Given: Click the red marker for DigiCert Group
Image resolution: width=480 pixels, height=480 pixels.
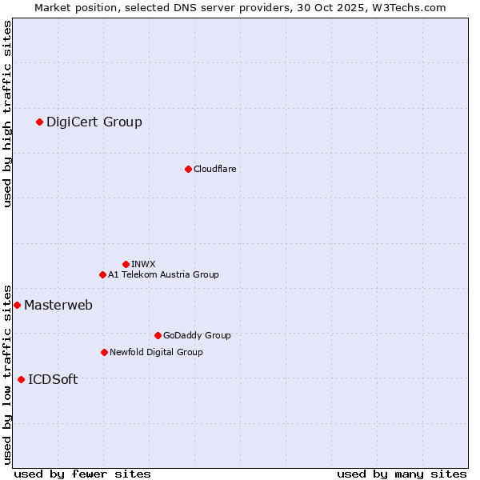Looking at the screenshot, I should coord(39,122).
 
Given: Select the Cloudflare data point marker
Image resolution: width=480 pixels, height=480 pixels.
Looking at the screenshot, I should coord(188,169).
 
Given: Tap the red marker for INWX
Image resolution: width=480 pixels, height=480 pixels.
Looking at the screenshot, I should coord(126,264).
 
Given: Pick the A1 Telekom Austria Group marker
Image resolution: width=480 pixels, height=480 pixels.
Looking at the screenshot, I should coord(102,274).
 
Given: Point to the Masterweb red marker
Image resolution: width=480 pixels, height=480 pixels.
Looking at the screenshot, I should coord(17,305).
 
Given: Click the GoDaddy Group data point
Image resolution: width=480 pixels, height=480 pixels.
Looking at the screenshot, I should coord(158,335).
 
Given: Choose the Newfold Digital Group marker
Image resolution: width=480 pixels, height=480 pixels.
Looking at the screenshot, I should coord(104,352).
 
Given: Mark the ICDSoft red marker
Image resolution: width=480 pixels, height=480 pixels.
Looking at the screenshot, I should coord(21,379).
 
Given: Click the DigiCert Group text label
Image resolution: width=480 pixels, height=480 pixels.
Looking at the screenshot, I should coord(94,122).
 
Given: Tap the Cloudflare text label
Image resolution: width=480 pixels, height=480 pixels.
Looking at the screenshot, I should coord(214,169).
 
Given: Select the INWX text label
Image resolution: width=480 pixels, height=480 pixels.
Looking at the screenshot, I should coord(143,264).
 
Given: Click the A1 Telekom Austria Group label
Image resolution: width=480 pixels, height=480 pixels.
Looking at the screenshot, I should coord(163,274).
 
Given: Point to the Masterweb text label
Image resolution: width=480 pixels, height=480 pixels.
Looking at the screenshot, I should coord(58,305).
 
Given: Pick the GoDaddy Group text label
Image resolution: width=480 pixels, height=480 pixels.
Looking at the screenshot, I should coord(197,335).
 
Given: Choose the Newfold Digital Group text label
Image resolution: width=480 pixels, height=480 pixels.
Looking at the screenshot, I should coord(156,352).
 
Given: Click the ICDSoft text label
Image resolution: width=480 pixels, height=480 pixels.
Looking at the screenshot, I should coord(53,379).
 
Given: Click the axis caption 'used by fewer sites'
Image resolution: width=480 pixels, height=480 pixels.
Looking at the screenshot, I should coord(82,474).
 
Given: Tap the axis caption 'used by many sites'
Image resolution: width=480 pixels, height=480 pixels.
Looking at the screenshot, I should coord(402,474).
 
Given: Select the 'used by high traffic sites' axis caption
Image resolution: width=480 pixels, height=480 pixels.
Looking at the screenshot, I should coord(7,114).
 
